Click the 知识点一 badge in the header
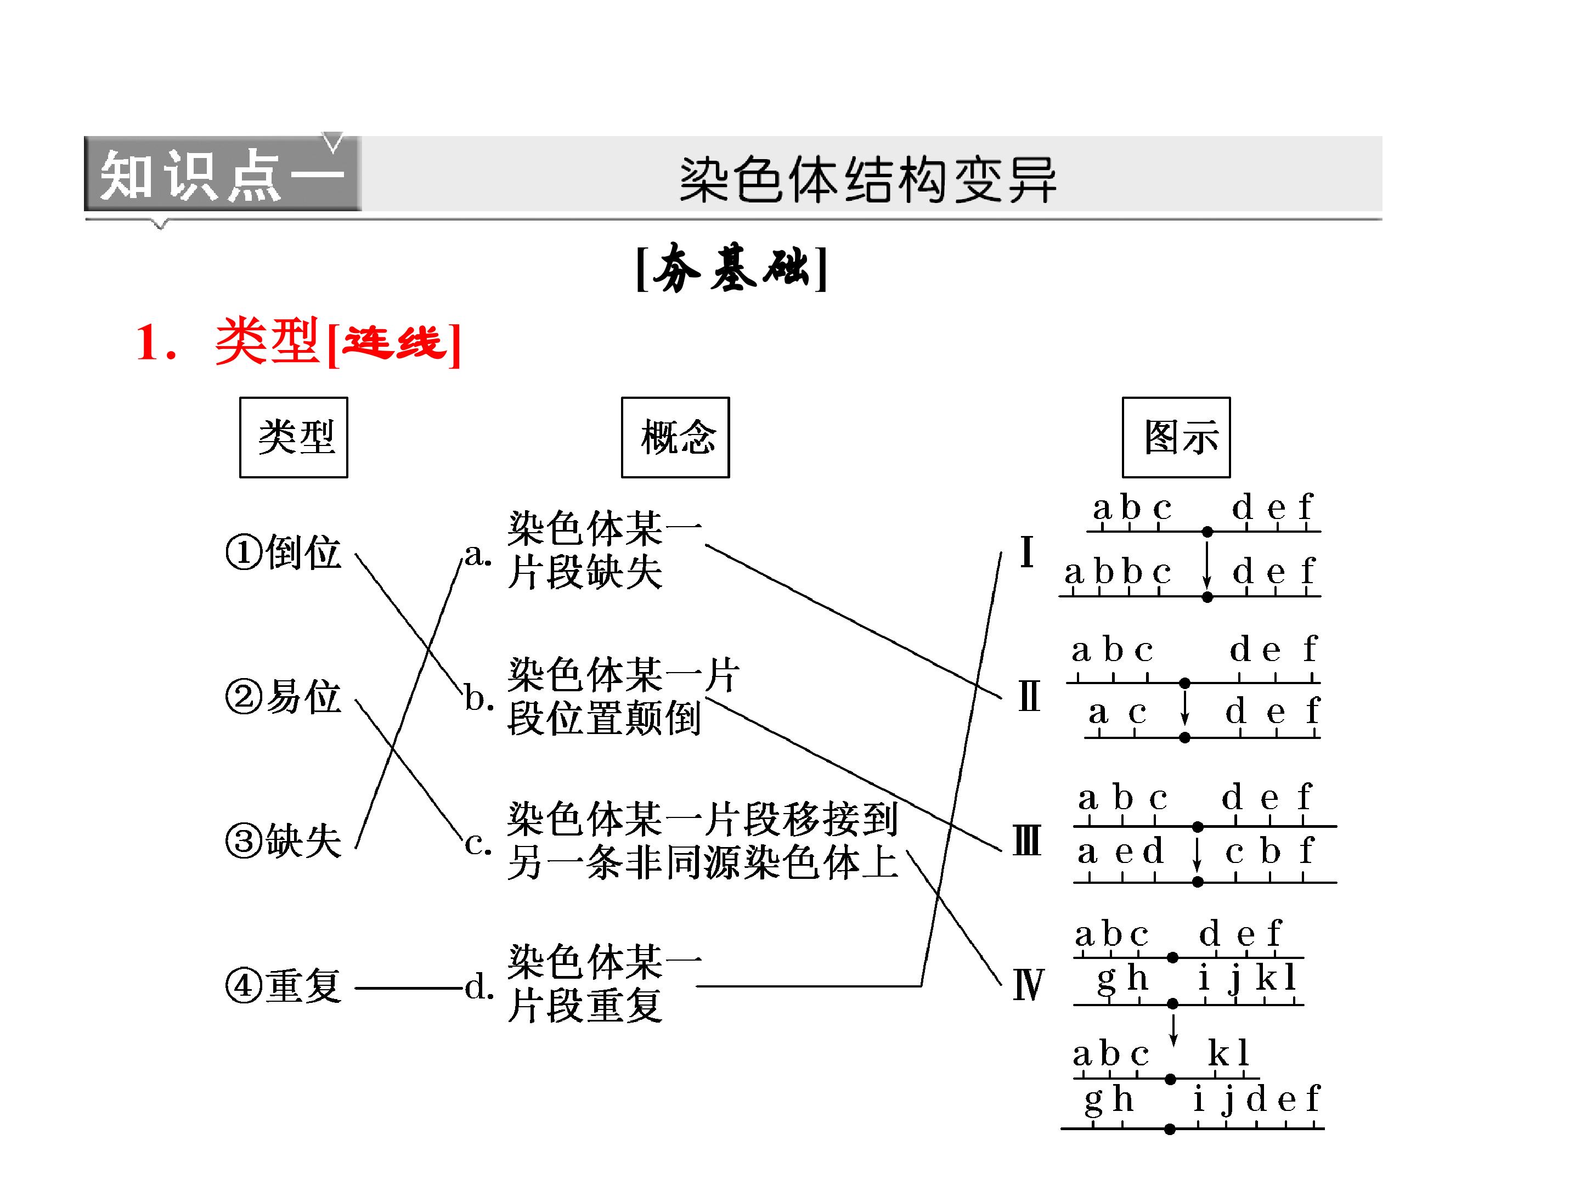(222, 173)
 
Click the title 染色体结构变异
(867, 179)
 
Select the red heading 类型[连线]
(298, 342)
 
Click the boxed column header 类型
(294, 437)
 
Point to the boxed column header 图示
(1176, 437)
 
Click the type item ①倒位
(284, 552)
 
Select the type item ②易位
(284, 696)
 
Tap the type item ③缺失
(284, 840)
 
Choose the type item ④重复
(284, 986)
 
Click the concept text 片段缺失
(585, 572)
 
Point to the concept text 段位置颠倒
(604, 718)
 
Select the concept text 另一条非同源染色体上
(703, 862)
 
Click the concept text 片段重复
(585, 1005)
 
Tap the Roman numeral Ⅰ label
(1027, 551)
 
